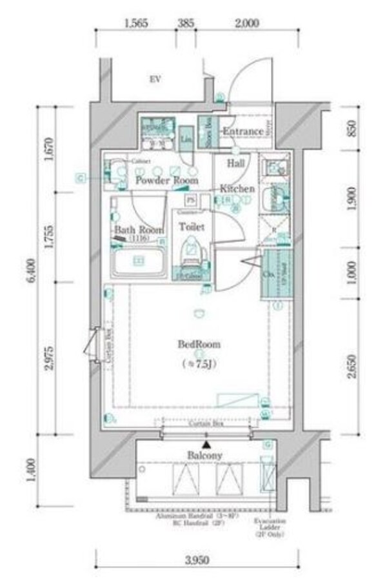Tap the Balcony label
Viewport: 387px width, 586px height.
point(205,456)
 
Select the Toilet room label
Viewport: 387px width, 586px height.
point(192,227)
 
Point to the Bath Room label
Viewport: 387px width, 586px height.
point(138,230)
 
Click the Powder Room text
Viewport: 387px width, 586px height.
point(166,181)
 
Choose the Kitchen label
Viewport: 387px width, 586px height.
point(237,189)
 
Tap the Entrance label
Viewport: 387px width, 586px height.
point(243,132)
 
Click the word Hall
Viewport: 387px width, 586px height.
point(235,164)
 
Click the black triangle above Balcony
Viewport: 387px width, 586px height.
point(206,445)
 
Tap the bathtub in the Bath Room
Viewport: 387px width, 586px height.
point(137,261)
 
